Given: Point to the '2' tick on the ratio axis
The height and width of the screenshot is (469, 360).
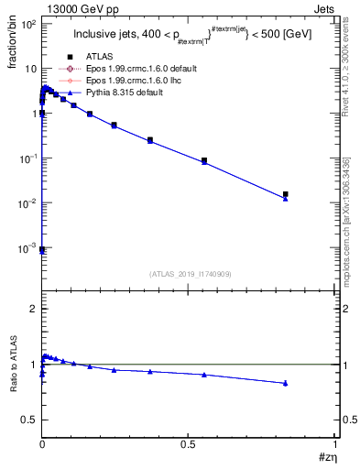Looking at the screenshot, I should (x=32, y=310).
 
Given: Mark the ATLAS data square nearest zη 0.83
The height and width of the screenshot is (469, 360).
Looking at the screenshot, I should (x=286, y=194).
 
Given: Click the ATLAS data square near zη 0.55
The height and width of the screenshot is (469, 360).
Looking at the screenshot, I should (x=204, y=160).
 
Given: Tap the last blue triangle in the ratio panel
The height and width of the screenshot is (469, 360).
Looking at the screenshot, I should (x=286, y=383).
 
